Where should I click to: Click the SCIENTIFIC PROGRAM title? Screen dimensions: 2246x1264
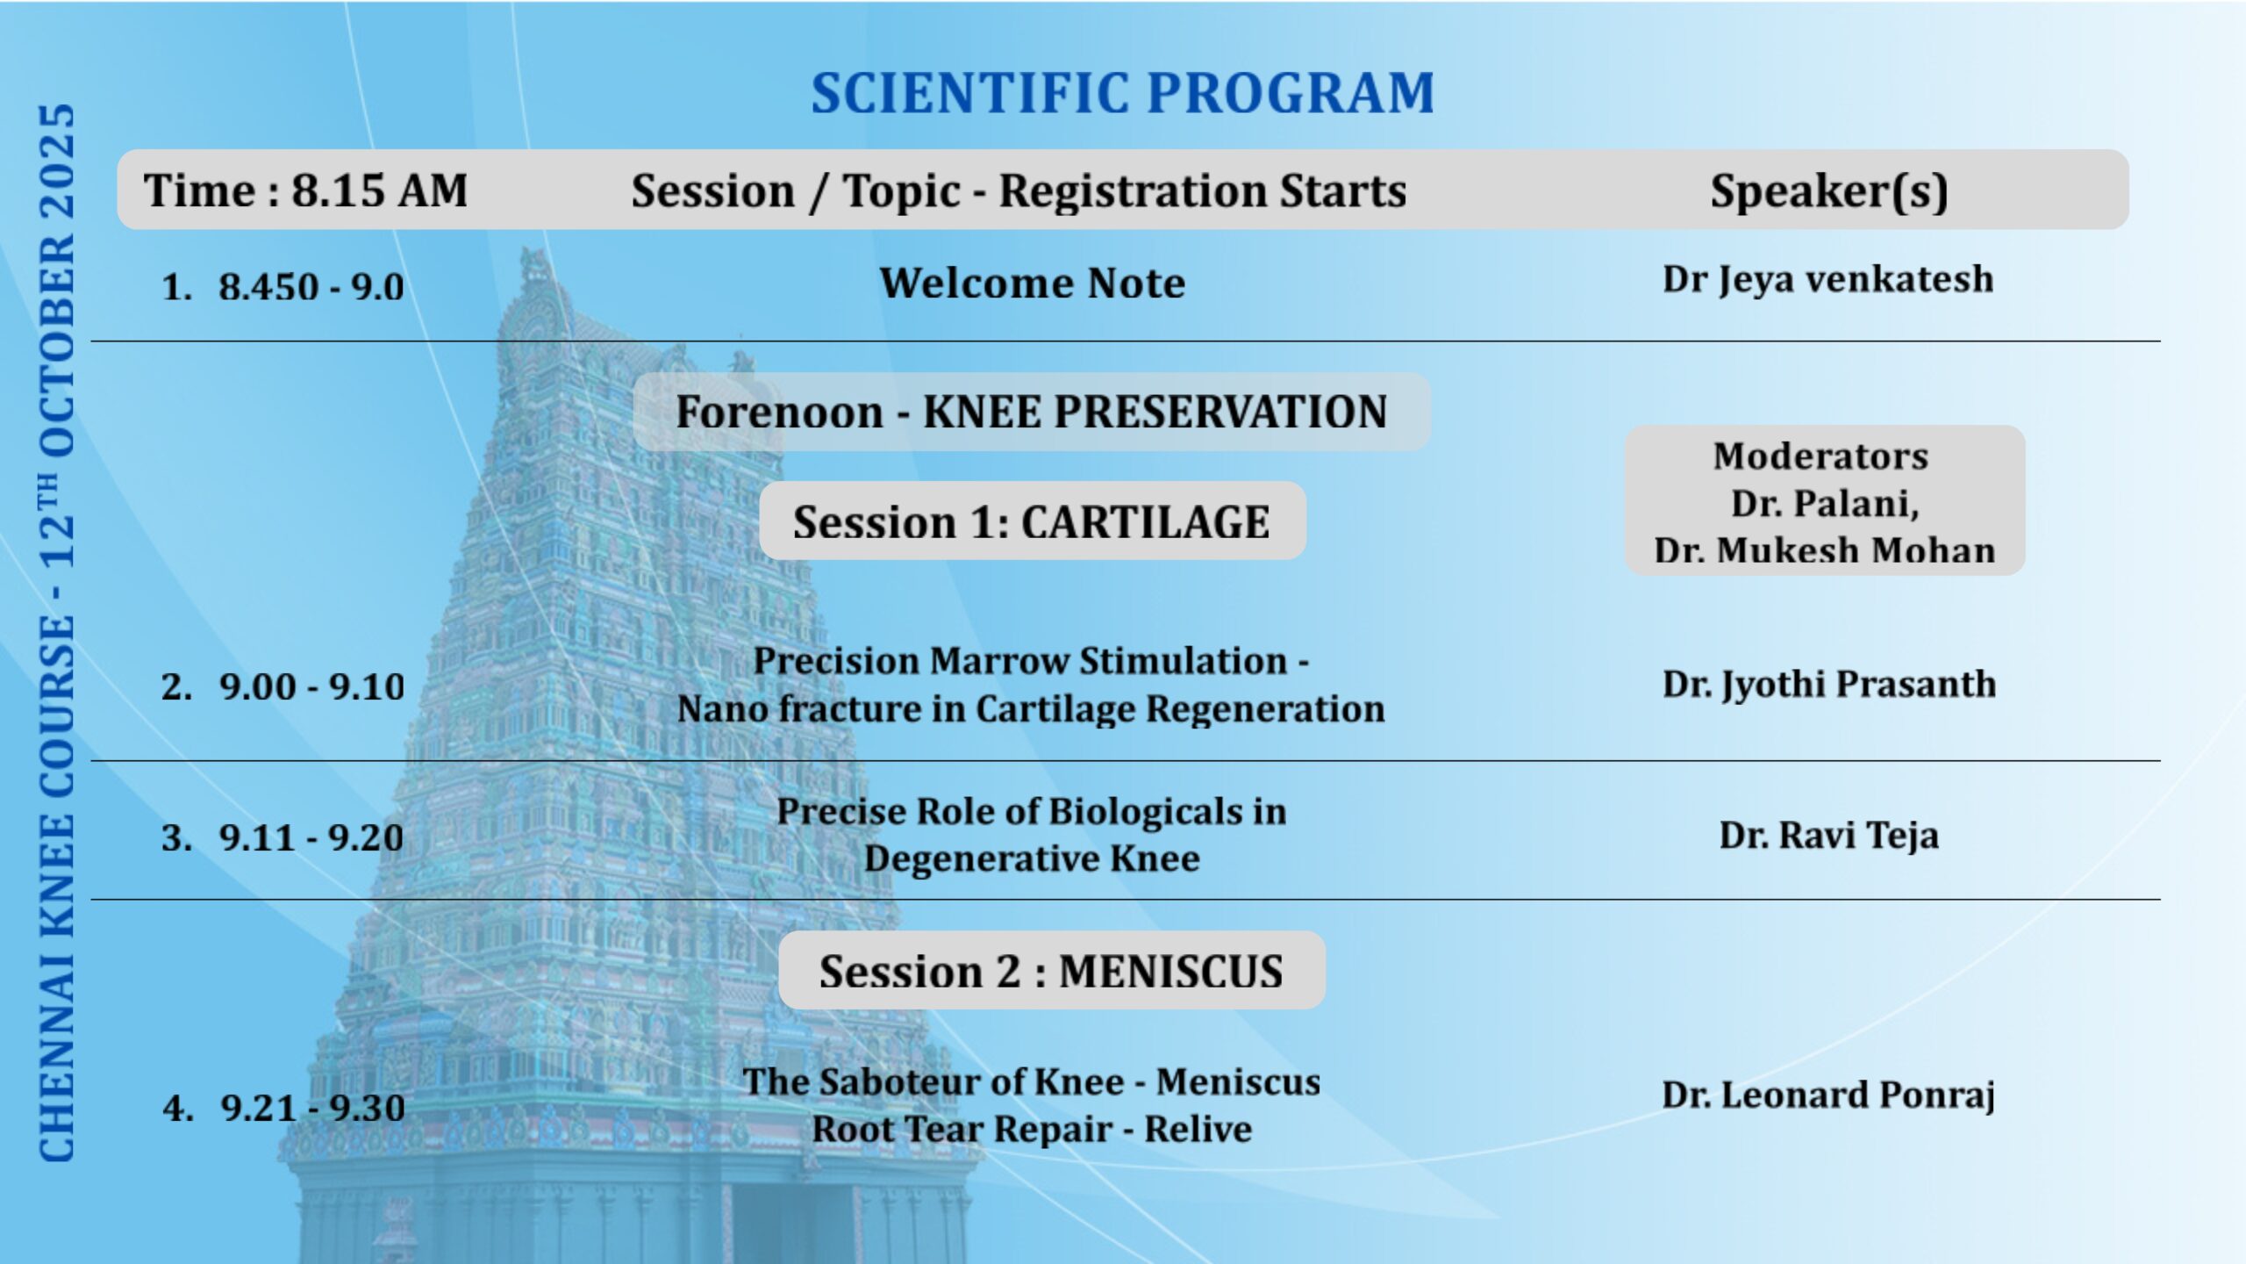1122,93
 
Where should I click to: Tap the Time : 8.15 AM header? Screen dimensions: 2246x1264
305,190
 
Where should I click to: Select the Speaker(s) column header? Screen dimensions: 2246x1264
1829,190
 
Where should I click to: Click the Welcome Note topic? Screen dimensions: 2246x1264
1033,284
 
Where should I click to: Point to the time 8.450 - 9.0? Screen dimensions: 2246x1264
311,287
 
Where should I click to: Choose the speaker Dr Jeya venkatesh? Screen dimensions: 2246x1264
1828,280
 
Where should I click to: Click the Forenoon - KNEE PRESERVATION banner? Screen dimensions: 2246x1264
1032,412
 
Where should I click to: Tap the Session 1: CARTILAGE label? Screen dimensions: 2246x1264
1032,521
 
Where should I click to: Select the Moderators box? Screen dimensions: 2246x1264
1825,501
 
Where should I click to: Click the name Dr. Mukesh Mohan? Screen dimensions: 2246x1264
1825,550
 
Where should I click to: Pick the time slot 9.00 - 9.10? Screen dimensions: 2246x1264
311,686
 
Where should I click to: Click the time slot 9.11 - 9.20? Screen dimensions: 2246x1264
311,837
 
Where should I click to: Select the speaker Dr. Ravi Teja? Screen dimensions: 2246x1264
1829,836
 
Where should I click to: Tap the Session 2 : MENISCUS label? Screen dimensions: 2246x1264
1051,970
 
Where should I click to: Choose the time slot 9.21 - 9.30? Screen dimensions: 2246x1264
312,1108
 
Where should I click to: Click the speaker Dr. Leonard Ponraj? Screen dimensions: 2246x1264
1829,1095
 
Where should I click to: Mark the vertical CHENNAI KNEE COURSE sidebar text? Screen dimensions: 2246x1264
57,633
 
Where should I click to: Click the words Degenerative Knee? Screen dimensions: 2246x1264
1032,858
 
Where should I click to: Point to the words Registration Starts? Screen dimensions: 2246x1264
1203,191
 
